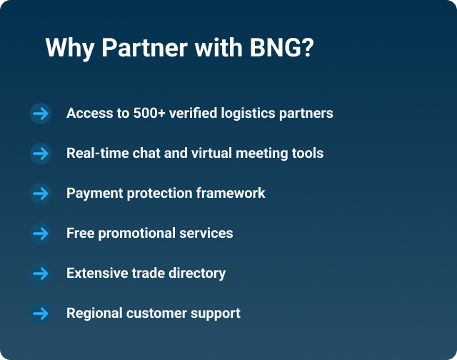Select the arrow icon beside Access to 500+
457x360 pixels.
[41, 113]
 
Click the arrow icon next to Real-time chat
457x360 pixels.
[41, 153]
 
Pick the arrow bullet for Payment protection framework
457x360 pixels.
[41, 193]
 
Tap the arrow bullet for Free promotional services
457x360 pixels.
[41, 233]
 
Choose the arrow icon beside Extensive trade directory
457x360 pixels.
[41, 273]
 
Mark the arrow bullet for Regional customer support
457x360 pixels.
[41, 313]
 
